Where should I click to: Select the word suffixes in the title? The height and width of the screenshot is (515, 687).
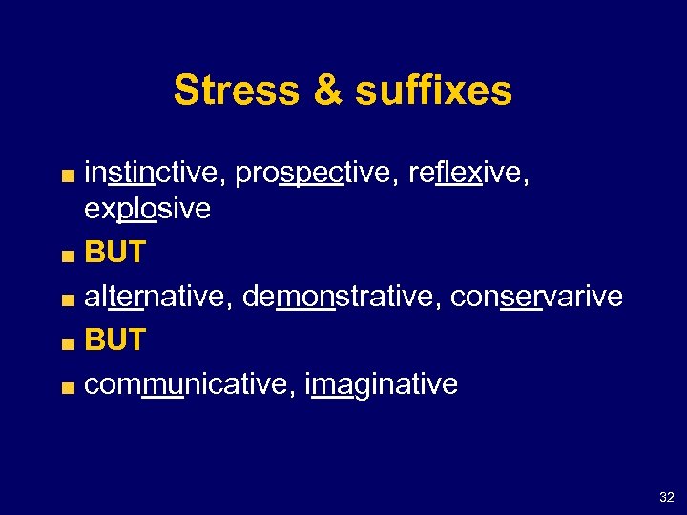point(433,92)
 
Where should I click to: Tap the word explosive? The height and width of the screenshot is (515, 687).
point(148,208)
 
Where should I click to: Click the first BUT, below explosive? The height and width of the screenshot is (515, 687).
point(114,253)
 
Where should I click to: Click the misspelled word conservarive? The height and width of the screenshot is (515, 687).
point(536,297)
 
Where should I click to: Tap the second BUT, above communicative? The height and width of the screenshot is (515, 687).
point(114,340)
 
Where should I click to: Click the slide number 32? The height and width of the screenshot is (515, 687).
point(666,497)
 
